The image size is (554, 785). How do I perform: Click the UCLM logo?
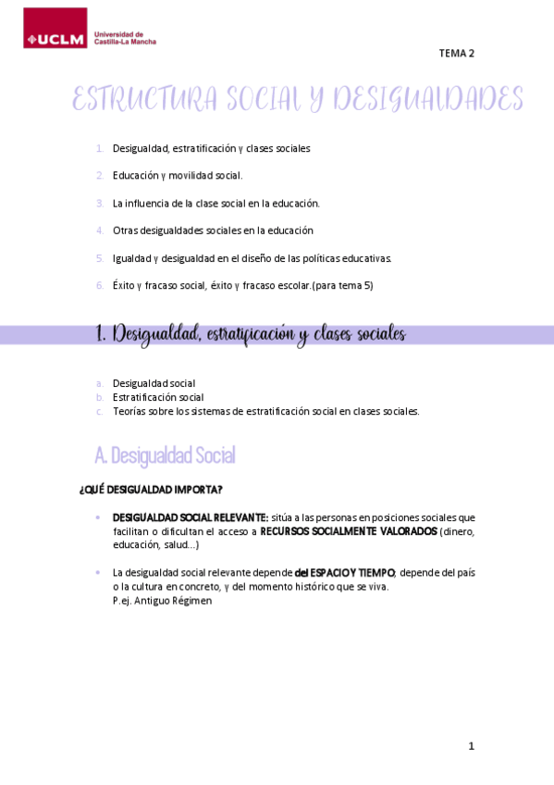[x=55, y=29]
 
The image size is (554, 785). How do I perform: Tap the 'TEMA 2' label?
[x=456, y=54]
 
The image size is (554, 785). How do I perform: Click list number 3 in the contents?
[x=100, y=203]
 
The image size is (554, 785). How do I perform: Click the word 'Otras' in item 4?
[x=125, y=231]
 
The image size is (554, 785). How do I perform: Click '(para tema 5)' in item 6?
[x=342, y=285]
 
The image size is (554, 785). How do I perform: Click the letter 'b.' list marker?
[x=100, y=397]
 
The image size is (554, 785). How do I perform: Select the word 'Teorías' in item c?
[x=129, y=411]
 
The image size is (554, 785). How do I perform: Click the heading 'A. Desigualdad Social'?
[x=165, y=455]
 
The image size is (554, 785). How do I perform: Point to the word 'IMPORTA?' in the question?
[x=201, y=489]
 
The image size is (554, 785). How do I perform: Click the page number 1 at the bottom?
[x=471, y=746]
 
